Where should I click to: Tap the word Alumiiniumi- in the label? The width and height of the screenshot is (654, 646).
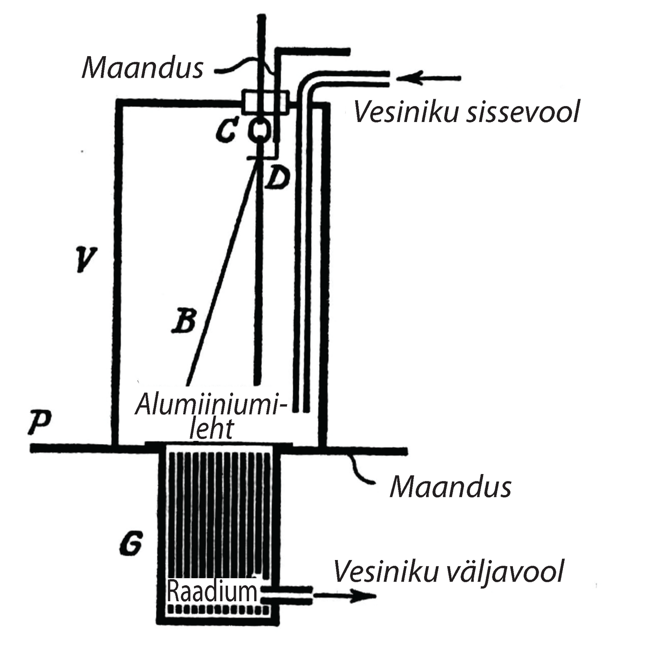pos(210,406)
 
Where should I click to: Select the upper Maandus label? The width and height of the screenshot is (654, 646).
pos(143,67)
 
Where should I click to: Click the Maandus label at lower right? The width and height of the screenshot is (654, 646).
pos(450,487)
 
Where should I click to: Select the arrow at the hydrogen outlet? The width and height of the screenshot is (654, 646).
pos(346,596)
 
